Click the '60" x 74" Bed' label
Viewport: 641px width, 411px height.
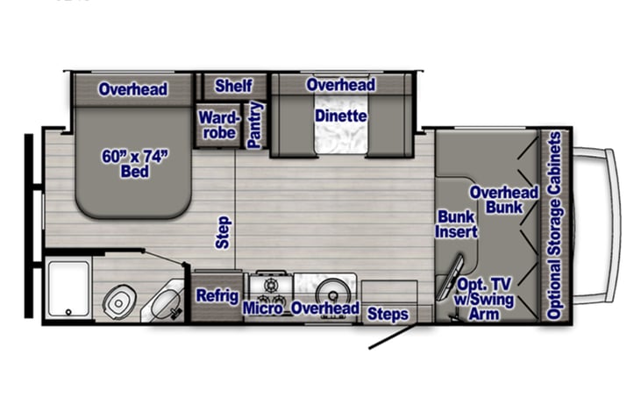pos(134,164)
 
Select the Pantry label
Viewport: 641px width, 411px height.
pos(255,125)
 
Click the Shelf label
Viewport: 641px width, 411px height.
pos(233,87)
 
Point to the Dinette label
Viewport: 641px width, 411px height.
pos(341,116)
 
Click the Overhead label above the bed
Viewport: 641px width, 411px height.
pos(133,89)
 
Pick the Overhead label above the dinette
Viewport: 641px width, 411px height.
pos(340,85)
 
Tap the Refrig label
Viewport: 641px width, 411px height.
pos(217,295)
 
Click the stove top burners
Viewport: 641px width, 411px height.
pos(268,287)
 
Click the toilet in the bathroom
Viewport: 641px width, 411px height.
pos(118,301)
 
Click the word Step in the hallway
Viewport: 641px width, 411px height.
pos(223,232)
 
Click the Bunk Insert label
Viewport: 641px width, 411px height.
pos(456,224)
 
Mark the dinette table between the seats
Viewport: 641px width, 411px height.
pos(341,138)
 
